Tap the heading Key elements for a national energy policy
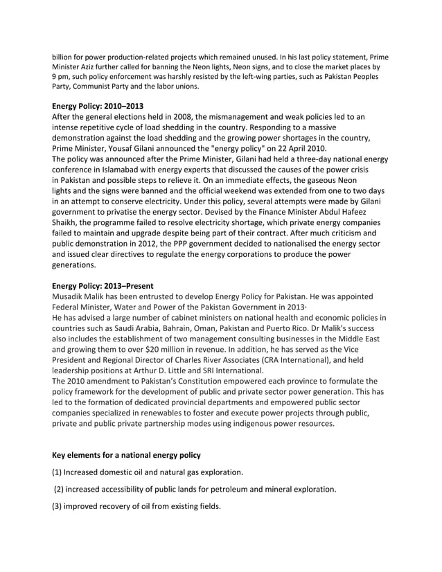coord(127,455)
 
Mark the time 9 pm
coord(61,75)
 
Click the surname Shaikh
coord(68,222)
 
